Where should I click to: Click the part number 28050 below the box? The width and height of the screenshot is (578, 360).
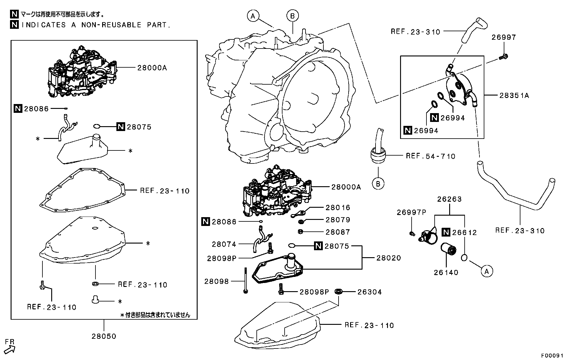pyautogui.click(x=104, y=336)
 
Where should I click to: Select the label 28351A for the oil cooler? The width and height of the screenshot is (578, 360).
pyautogui.click(x=514, y=96)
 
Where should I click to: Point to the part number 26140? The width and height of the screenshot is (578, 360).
pyautogui.click(x=446, y=272)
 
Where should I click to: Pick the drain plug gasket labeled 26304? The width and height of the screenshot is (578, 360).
pyautogui.click(x=339, y=291)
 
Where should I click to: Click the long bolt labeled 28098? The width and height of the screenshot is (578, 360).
pyautogui.click(x=245, y=280)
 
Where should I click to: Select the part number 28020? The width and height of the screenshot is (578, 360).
pyautogui.click(x=389, y=258)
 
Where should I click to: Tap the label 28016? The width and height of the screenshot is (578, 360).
pyautogui.click(x=338, y=208)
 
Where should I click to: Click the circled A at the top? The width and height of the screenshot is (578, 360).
pyautogui.click(x=253, y=16)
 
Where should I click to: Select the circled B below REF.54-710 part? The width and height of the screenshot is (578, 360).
pyautogui.click(x=378, y=183)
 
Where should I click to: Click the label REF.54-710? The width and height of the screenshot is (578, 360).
pyautogui.click(x=430, y=156)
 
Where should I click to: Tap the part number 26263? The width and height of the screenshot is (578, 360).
pyautogui.click(x=449, y=199)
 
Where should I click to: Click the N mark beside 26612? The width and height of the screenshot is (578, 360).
pyautogui.click(x=446, y=232)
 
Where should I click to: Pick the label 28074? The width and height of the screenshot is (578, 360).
pyautogui.click(x=224, y=244)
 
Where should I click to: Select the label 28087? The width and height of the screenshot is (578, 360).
pyautogui.click(x=338, y=232)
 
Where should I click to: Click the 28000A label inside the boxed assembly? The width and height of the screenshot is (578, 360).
pyautogui.click(x=152, y=68)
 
